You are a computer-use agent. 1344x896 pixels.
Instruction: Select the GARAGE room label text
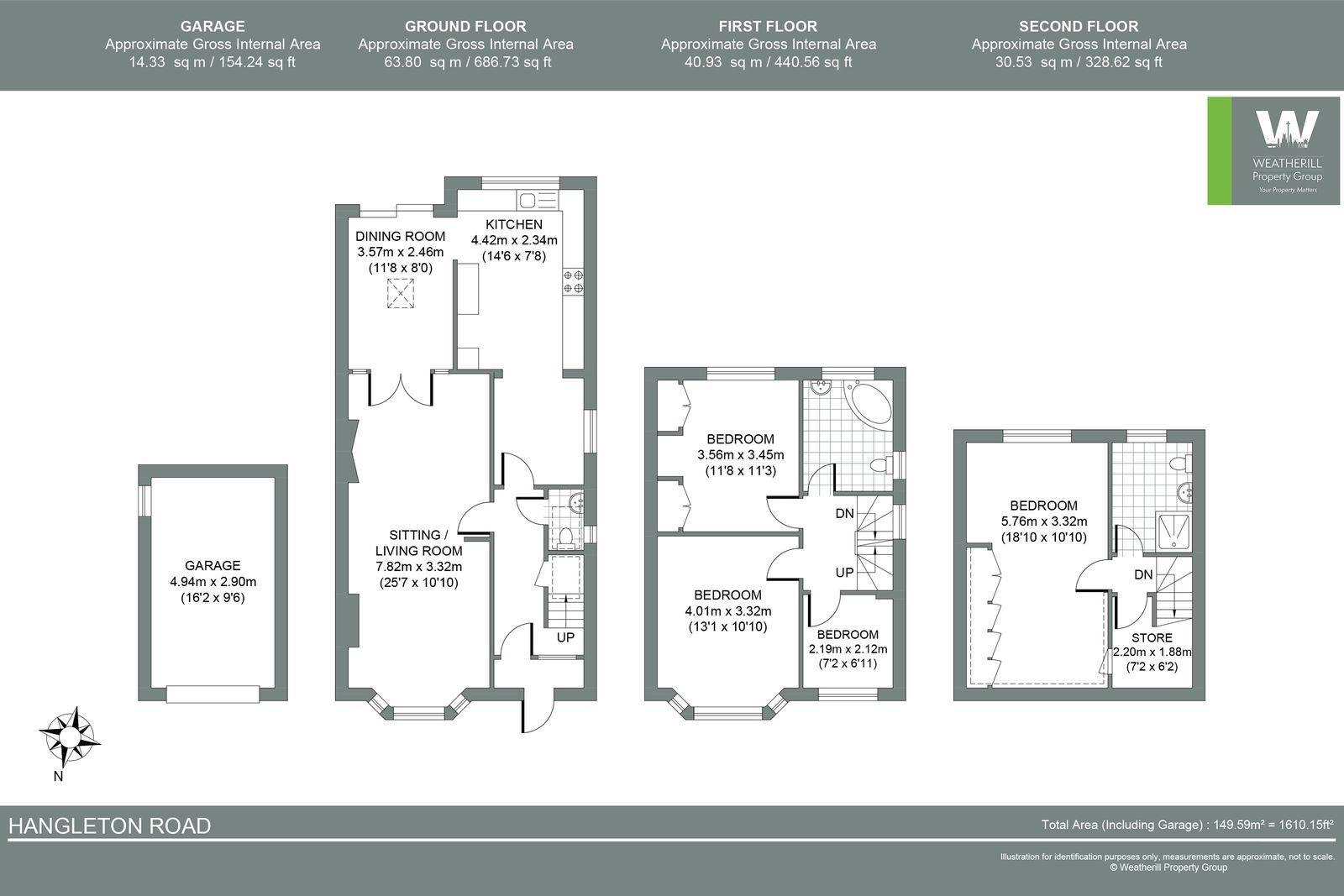click(x=213, y=565)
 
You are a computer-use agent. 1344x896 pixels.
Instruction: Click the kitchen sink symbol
click(x=537, y=200)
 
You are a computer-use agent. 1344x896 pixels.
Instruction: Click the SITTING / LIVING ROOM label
click(x=417, y=542)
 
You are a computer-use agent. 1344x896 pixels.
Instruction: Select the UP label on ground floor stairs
click(x=565, y=637)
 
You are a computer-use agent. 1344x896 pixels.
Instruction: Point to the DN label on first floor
click(x=844, y=513)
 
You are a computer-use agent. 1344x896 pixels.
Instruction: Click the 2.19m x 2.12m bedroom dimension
click(x=848, y=649)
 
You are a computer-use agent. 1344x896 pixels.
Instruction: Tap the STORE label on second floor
click(x=1151, y=637)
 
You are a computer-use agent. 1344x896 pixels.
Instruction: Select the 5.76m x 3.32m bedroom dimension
click(x=1043, y=521)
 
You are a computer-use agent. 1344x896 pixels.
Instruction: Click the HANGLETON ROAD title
click(x=109, y=826)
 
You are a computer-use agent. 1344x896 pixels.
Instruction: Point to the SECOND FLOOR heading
click(x=1079, y=26)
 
